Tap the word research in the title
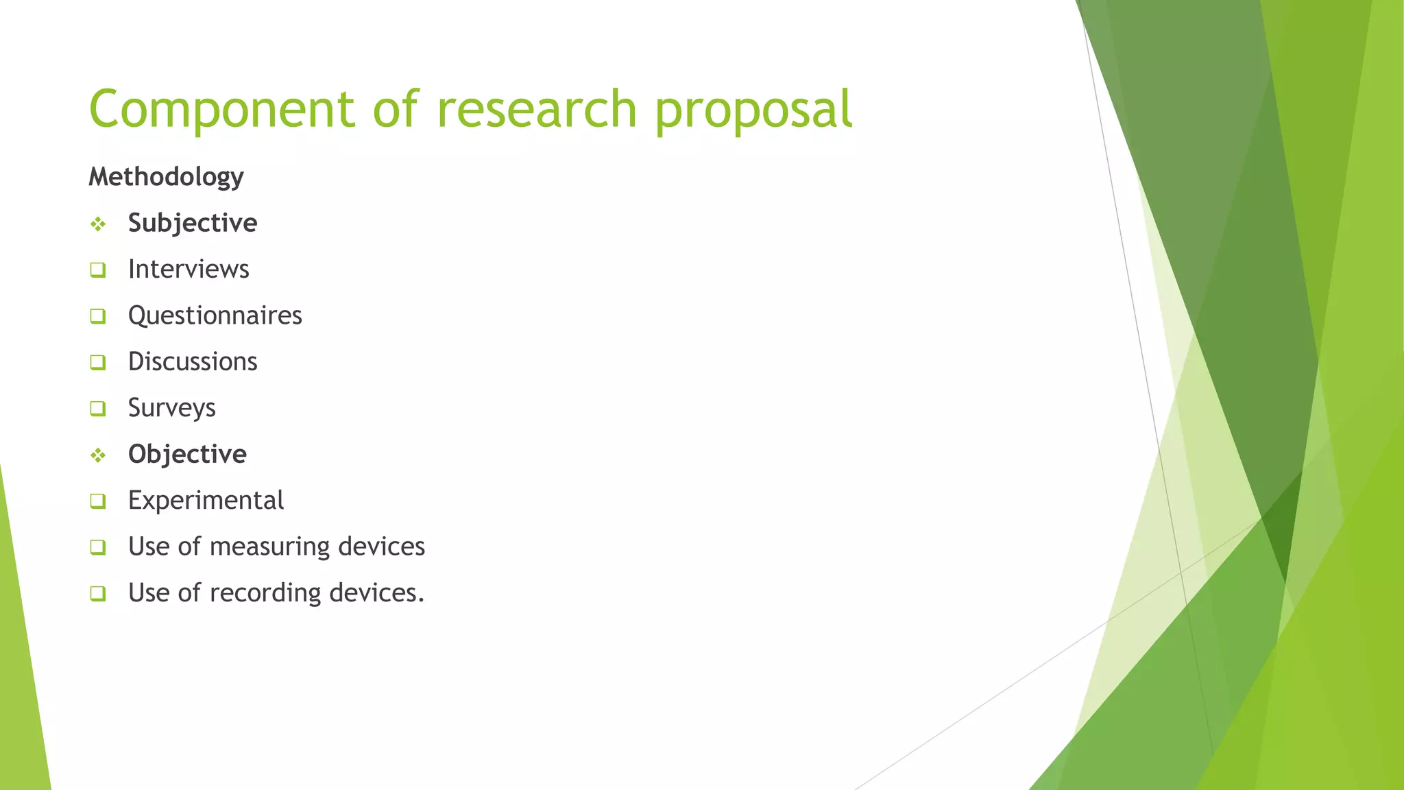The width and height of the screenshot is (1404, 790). (x=537, y=110)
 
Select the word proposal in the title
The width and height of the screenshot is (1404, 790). (x=753, y=110)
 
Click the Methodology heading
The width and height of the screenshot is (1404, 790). (x=166, y=177)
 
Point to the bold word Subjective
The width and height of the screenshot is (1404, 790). (x=193, y=224)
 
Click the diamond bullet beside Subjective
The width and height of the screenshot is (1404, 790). (x=98, y=224)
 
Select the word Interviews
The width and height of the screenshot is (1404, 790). (x=189, y=270)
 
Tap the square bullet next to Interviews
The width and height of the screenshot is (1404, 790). (x=98, y=270)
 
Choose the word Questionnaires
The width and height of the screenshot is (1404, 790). (x=215, y=316)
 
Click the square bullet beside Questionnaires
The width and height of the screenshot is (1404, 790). (x=98, y=316)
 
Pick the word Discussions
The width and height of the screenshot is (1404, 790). (x=193, y=362)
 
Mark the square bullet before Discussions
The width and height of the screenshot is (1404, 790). (x=98, y=362)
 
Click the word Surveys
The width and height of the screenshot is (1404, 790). (x=172, y=409)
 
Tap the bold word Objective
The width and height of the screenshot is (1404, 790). (x=187, y=455)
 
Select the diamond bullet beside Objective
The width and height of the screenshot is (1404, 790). (x=98, y=455)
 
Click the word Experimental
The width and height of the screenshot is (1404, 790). (x=206, y=501)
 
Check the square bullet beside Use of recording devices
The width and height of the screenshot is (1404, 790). (x=98, y=593)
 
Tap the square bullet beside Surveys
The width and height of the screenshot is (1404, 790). (x=98, y=409)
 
